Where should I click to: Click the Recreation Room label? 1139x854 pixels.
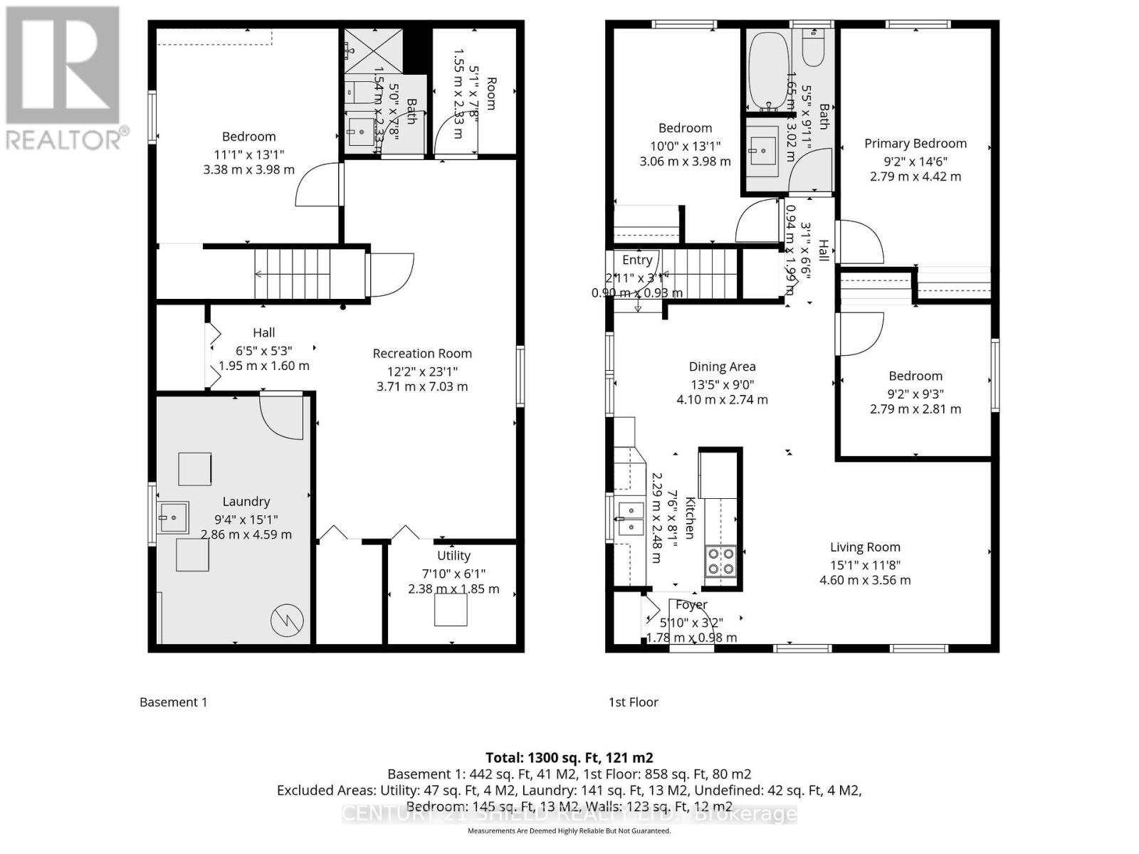tap(422, 353)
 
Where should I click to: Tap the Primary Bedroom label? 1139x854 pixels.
tap(915, 143)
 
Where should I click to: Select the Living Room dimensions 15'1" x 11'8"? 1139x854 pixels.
tap(865, 564)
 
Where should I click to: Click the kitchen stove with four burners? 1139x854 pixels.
tap(720, 561)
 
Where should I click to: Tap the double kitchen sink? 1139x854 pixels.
tap(631, 518)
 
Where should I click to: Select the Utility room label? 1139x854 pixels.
tap(453, 555)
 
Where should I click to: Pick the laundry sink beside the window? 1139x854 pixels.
tap(173, 517)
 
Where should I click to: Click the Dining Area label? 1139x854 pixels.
tap(722, 367)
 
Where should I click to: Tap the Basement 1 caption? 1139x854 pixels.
tap(173, 702)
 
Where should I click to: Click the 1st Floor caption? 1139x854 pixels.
tap(633, 702)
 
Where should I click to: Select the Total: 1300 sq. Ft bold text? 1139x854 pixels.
tap(569, 757)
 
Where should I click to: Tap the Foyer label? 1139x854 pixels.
tap(691, 604)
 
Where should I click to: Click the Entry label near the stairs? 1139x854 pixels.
tap(637, 260)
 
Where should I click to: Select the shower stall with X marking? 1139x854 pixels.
tap(373, 51)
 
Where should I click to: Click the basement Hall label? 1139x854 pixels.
tap(263, 332)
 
